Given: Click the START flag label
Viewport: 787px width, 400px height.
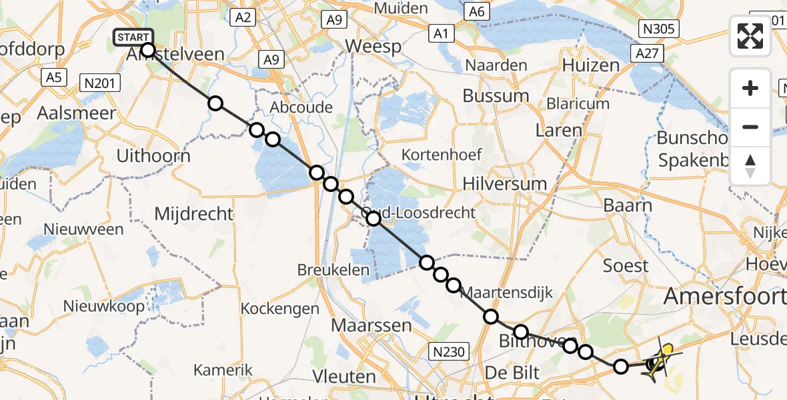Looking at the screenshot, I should pyautogui.click(x=134, y=37).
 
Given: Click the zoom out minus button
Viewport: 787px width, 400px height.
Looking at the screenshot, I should pyautogui.click(x=750, y=127).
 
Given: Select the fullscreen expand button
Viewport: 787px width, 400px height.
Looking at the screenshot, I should pyautogui.click(x=750, y=36).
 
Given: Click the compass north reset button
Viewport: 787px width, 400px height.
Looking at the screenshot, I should pyautogui.click(x=750, y=166).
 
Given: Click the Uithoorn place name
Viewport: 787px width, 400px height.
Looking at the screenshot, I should pyautogui.click(x=153, y=156).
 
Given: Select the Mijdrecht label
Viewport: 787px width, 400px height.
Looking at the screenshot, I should pyautogui.click(x=194, y=214).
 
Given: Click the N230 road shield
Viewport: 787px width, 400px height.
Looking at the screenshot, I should pyautogui.click(x=452, y=351).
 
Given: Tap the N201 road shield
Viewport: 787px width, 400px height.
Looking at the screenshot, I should pyautogui.click(x=99, y=83).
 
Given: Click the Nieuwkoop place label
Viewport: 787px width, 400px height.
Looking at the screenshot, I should pyautogui.click(x=103, y=307).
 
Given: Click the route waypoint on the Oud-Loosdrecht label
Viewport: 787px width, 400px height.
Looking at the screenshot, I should pyautogui.click(x=373, y=218).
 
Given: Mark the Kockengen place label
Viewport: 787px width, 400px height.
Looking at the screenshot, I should pyautogui.click(x=280, y=309).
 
